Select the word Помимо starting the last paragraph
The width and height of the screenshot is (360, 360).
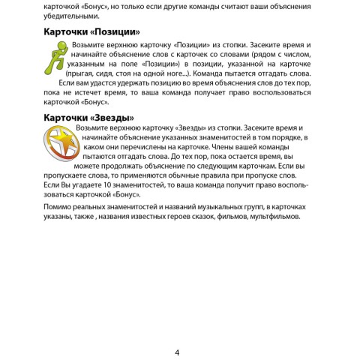[60, 206]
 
